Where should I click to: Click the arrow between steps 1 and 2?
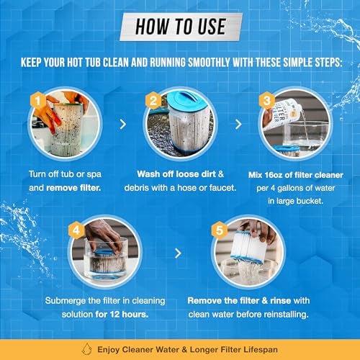pyautogui.click(x=122, y=124)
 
